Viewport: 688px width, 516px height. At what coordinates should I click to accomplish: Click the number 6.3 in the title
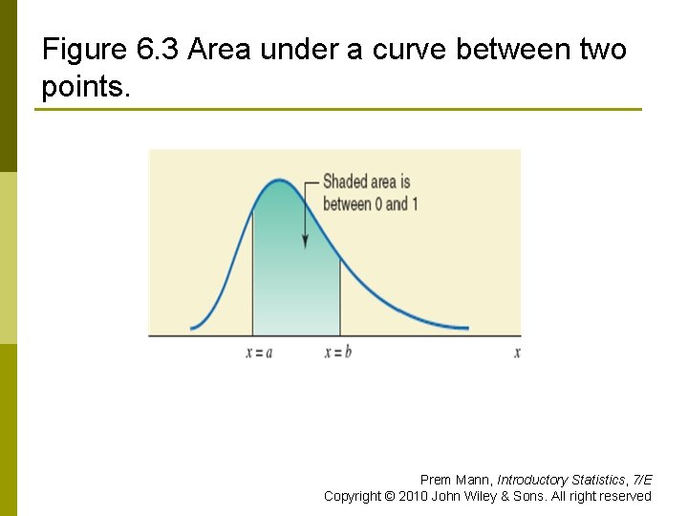click(x=153, y=50)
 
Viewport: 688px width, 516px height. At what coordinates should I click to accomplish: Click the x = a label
click(x=259, y=352)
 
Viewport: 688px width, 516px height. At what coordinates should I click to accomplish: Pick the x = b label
click(x=338, y=352)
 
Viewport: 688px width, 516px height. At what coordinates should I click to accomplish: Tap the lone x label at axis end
click(x=517, y=352)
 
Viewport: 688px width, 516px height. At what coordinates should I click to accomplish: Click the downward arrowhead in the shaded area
click(x=305, y=243)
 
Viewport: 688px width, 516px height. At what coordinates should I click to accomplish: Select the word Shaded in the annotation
click(x=345, y=182)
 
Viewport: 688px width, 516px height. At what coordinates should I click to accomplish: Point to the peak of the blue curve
click(x=278, y=180)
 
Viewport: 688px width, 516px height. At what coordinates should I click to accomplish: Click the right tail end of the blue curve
click(x=467, y=328)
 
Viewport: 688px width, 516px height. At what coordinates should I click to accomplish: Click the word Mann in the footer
click(x=474, y=480)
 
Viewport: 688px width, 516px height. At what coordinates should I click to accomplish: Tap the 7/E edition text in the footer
click(x=642, y=480)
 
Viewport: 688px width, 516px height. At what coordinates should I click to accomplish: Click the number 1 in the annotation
click(x=415, y=204)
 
